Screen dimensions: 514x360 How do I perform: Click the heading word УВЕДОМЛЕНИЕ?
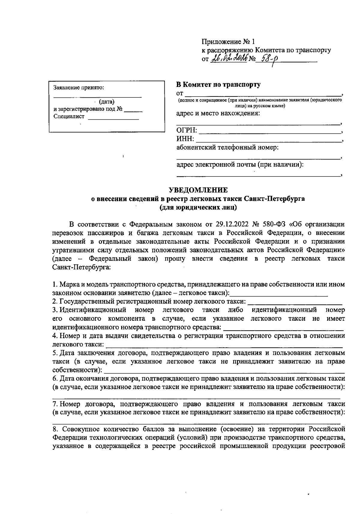pos(198,190)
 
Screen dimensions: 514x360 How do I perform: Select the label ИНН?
pos(185,139)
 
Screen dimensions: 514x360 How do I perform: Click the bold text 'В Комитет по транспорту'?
pos(218,85)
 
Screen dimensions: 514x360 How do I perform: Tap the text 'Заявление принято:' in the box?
pos(79,88)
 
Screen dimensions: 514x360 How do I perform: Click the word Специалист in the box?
pos(69,117)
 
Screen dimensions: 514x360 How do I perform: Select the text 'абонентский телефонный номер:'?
pos(227,147)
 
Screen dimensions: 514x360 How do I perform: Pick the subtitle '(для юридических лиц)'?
pos(198,207)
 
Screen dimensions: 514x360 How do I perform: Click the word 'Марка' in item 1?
pos(70,284)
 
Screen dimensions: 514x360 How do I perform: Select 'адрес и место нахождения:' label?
pos(218,113)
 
